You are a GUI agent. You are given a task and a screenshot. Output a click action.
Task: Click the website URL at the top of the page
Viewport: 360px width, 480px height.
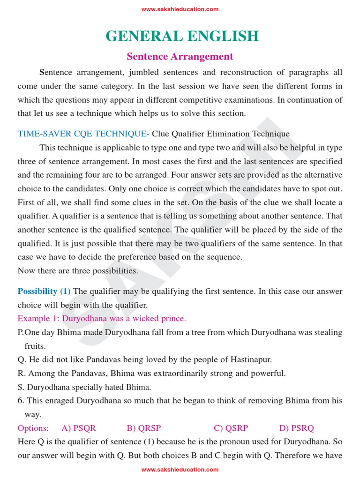(x=180, y=9)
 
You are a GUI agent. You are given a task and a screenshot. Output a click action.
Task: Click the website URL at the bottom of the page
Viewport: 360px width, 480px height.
(x=180, y=469)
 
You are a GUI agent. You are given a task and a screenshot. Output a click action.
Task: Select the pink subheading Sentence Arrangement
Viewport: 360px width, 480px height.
(x=180, y=57)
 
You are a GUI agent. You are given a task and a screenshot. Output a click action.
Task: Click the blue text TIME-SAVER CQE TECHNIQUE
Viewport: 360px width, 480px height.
(x=83, y=134)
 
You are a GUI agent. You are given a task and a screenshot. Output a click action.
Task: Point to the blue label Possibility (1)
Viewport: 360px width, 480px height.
(x=44, y=292)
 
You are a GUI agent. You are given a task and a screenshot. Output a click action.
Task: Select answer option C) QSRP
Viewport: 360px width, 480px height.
(x=231, y=428)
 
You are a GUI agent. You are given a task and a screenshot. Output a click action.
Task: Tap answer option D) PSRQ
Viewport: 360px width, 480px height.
(x=297, y=428)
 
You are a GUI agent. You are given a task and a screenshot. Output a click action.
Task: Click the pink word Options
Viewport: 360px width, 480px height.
(x=33, y=428)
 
